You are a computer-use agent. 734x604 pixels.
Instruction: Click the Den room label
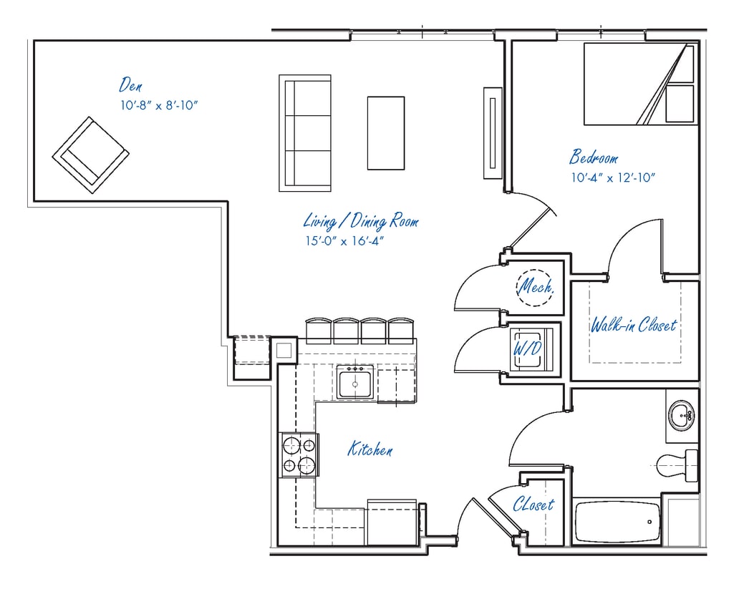coord(130,85)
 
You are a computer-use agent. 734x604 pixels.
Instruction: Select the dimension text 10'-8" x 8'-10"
coord(159,105)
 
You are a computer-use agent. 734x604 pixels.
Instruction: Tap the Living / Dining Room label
coord(360,220)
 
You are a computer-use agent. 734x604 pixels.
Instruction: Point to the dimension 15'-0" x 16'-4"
coord(344,240)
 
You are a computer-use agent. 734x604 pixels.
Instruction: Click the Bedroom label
coord(594,157)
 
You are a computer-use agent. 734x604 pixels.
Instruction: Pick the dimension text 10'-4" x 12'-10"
coord(613,177)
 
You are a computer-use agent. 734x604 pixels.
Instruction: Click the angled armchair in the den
coord(90,155)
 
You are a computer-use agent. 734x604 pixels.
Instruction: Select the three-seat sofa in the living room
coord(305,132)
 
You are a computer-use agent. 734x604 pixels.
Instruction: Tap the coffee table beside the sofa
coord(386,133)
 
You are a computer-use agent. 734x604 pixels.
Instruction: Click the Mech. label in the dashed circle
coord(536,287)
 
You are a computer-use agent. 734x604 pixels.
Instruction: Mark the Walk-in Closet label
coord(633,326)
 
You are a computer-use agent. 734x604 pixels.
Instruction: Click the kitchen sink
coord(354,381)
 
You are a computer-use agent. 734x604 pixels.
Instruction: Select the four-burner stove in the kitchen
coord(299,456)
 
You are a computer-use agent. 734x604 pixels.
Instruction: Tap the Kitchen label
coord(370,449)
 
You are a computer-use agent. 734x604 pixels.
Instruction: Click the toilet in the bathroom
coord(677,466)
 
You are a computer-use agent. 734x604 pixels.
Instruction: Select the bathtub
coord(617,521)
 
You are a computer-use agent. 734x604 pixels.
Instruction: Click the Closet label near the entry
coord(533,505)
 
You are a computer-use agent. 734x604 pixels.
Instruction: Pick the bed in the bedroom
coord(640,84)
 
